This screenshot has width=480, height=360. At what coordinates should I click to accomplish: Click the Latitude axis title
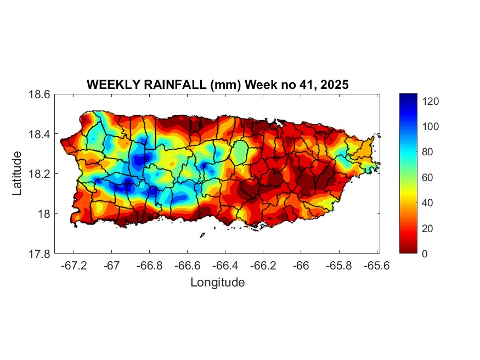pyautogui.click(x=18, y=173)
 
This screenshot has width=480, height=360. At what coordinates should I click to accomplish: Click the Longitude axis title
pyautogui.click(x=217, y=283)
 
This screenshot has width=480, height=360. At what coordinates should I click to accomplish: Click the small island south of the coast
pyautogui.click(x=202, y=235)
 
